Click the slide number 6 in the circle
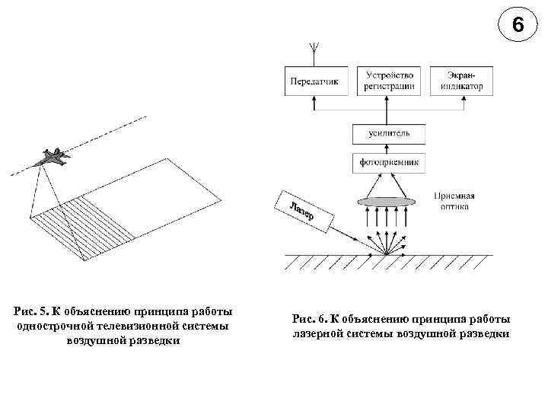point(518,25)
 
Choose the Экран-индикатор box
point(461,81)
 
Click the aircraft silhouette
point(52,158)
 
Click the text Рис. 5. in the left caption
point(30,311)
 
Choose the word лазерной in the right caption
point(318,333)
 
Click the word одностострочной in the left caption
point(58,326)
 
